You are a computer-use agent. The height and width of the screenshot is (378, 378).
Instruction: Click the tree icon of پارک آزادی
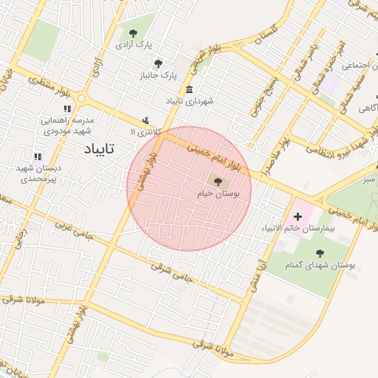point(133,33)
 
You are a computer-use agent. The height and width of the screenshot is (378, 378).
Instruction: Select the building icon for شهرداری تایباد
point(190,89)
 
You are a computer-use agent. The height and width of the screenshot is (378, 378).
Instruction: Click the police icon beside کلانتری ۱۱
point(145,120)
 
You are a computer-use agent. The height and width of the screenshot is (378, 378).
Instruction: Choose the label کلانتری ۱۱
point(145,131)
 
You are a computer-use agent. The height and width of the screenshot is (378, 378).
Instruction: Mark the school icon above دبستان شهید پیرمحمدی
point(37,156)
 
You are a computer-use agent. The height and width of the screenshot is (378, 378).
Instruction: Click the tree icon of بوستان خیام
point(217,180)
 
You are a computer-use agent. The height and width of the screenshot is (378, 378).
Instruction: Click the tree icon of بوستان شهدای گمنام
point(320,252)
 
